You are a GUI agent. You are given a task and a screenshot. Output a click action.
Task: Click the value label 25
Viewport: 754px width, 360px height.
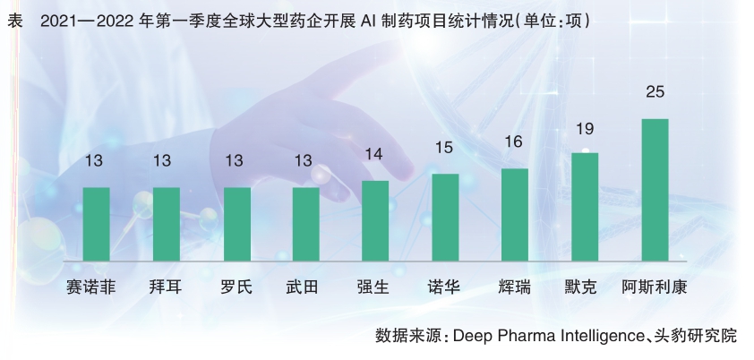click(x=655, y=91)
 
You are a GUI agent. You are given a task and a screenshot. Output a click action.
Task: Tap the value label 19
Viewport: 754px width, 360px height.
click(x=585, y=128)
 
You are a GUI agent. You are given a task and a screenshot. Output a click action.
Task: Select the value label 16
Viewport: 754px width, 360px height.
click(x=515, y=141)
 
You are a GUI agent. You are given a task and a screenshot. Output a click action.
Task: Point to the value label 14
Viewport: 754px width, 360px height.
click(x=375, y=154)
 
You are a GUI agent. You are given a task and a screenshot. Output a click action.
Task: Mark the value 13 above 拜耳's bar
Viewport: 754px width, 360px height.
click(x=166, y=161)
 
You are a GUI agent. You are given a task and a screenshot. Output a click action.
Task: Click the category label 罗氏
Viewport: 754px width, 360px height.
click(x=236, y=288)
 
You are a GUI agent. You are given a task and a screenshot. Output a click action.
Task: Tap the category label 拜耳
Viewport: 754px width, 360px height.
click(x=166, y=288)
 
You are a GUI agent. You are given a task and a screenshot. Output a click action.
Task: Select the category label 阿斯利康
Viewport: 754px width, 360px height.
click(x=655, y=288)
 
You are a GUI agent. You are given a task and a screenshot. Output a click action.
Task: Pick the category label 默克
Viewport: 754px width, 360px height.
click(x=585, y=288)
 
